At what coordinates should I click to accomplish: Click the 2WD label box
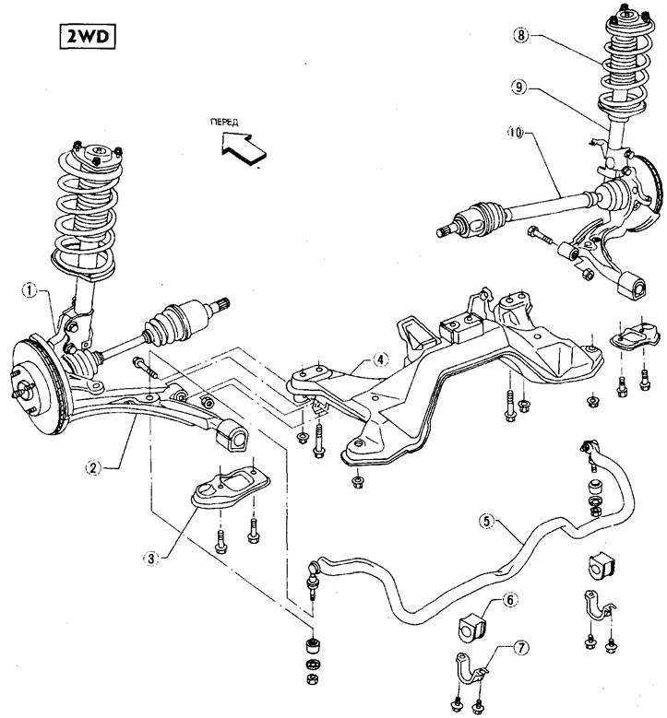(87, 36)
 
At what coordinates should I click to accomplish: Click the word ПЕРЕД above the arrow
(224, 122)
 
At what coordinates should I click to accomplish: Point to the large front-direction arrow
(243, 148)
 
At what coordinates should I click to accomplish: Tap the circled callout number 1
(30, 290)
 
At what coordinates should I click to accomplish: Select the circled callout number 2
(93, 467)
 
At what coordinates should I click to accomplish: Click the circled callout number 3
(151, 559)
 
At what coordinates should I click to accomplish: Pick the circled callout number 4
(380, 359)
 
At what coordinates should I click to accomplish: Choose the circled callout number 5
(486, 521)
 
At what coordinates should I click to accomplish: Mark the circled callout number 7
(520, 647)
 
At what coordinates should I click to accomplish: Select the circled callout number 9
(518, 87)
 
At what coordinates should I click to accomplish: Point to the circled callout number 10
(516, 133)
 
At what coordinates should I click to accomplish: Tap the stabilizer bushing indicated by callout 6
(472, 627)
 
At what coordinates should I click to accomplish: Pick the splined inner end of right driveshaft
(445, 230)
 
